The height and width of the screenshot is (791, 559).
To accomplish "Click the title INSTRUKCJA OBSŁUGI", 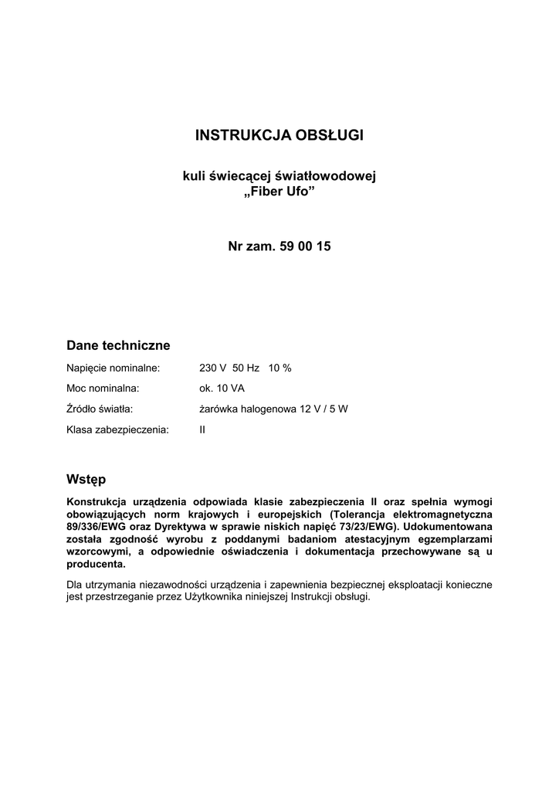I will coord(279,136).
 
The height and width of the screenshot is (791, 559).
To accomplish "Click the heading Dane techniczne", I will coord(118,345).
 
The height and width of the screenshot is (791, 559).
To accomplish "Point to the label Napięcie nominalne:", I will coord(113,368).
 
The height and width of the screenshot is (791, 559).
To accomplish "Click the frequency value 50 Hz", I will coord(246,368).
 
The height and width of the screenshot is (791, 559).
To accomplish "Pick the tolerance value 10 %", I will coord(279,368).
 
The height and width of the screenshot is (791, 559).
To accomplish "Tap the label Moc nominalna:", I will coord(103,389).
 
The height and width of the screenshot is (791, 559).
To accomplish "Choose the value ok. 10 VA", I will coord(222,389).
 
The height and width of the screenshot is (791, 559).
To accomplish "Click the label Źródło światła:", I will coord(100,409).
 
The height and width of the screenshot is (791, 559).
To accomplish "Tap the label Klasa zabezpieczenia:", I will coord(117,429).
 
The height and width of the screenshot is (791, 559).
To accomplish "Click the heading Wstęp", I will coord(86,480).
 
